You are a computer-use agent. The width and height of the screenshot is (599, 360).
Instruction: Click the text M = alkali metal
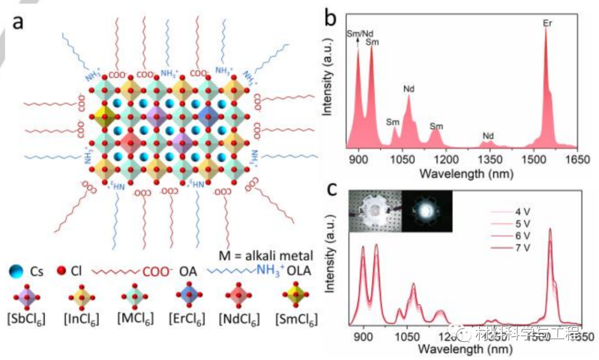[x=266, y=256]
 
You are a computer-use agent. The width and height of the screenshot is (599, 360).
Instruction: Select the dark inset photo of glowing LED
[x=427, y=211]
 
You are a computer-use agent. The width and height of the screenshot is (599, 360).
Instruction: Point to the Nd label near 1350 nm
[x=488, y=135]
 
